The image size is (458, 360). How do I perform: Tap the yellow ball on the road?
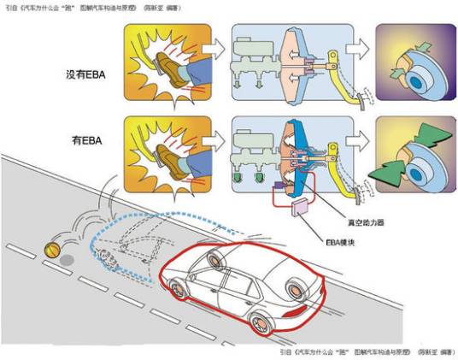pos(52,251)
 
